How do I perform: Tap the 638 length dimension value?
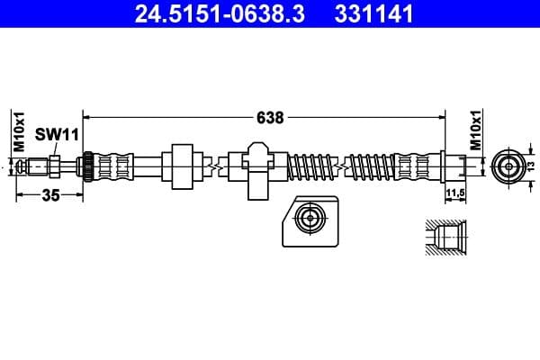(x=270, y=117)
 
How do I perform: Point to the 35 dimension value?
(x=50, y=197)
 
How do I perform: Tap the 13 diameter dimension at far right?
(x=531, y=166)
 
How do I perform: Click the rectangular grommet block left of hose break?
(x=184, y=166)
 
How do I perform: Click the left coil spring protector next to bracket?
(x=311, y=166)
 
